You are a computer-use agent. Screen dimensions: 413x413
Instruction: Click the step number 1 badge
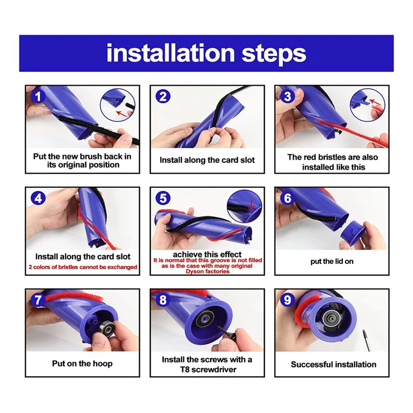click(38, 97)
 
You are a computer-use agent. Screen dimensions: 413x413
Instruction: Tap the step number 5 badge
click(163, 198)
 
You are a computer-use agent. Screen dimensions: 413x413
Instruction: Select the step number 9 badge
click(288, 300)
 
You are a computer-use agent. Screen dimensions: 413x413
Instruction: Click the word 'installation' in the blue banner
click(170, 53)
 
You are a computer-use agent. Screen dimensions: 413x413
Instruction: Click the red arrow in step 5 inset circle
click(251, 204)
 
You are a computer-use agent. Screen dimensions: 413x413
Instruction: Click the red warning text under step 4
click(83, 267)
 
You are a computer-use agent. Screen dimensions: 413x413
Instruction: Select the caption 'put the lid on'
click(332, 261)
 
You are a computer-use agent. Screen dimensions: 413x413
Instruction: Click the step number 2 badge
click(163, 97)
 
